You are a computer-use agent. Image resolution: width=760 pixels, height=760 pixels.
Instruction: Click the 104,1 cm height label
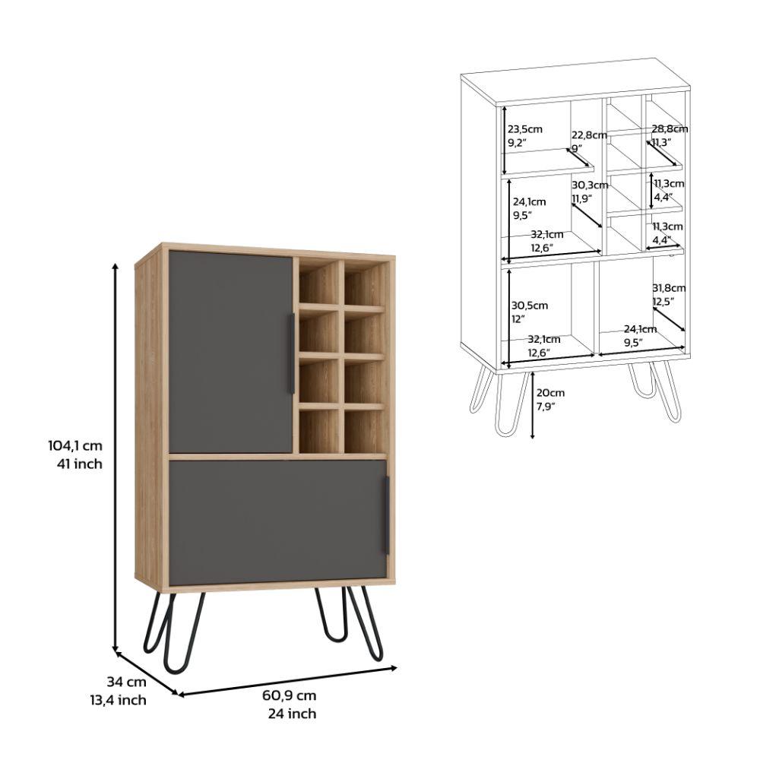tap(75, 445)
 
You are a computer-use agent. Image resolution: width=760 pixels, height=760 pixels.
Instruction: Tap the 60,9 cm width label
tap(290, 695)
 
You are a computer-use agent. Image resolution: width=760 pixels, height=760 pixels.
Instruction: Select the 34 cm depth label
tap(126, 682)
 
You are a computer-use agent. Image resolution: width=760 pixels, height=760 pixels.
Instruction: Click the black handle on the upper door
tap(292, 353)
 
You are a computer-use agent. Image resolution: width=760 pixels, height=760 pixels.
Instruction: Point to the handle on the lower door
tap(386, 515)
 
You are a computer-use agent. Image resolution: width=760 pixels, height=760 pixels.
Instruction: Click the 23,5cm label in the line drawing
tap(525, 129)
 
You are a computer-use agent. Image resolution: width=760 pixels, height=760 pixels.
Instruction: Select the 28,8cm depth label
tap(670, 128)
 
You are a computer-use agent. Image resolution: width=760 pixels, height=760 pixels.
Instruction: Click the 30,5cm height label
tap(529, 306)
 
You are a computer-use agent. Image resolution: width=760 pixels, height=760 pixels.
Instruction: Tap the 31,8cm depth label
tap(669, 288)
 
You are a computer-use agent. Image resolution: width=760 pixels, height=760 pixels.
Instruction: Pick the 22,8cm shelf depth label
tap(589, 135)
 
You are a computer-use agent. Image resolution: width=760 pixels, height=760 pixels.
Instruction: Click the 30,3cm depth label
tap(590, 185)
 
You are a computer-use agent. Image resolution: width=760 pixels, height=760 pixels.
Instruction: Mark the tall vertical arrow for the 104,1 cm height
tap(116, 458)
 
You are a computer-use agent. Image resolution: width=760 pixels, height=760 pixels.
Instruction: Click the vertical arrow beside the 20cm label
tap(532, 405)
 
